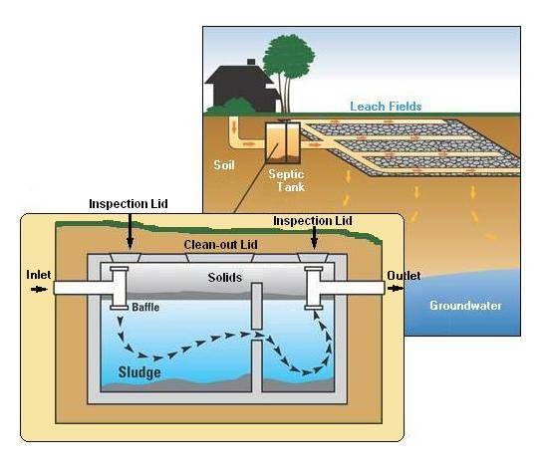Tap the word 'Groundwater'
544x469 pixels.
464,305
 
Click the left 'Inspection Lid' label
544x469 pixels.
128,204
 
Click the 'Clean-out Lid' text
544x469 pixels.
217,244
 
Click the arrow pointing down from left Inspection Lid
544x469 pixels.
131,231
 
